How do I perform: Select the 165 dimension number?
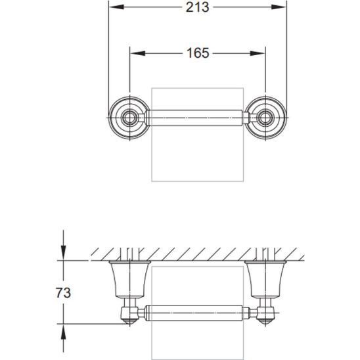[x=197, y=53]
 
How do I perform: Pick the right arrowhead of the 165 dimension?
[x=261, y=53]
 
